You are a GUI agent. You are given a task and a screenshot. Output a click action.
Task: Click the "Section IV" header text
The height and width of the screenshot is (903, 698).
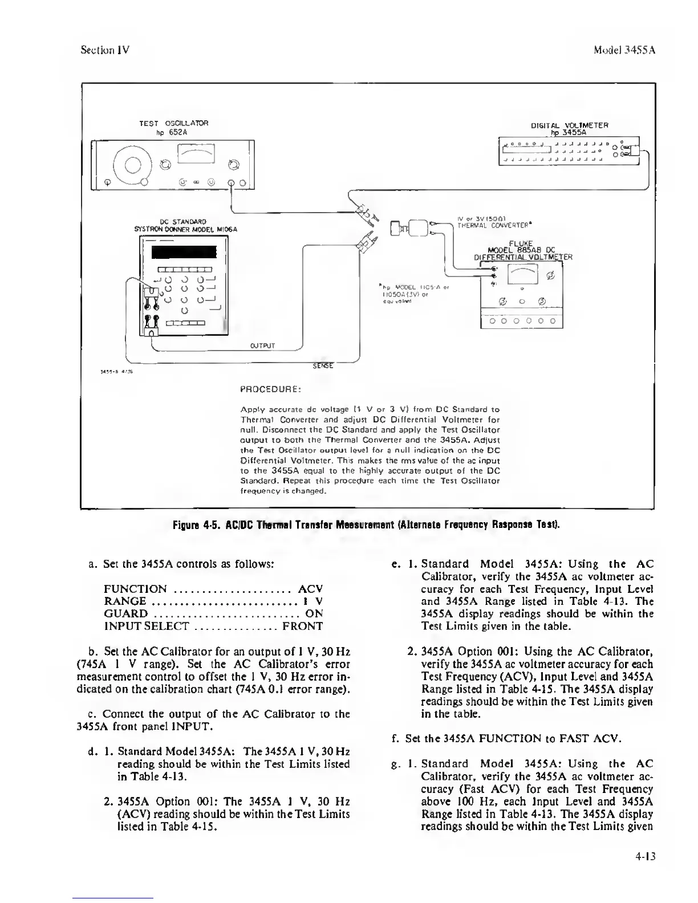tap(105, 50)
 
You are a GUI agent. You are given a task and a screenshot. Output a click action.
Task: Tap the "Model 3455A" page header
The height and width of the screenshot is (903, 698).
tap(624, 50)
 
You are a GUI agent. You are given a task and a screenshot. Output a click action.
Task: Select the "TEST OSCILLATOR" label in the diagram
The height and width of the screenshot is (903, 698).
tap(174, 123)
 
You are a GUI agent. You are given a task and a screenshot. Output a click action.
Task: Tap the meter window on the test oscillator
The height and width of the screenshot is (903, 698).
tap(196, 153)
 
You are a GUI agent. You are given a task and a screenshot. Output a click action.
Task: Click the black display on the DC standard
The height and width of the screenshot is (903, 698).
tap(184, 253)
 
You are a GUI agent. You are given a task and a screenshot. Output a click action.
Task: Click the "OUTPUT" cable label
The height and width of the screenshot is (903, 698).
tap(263, 345)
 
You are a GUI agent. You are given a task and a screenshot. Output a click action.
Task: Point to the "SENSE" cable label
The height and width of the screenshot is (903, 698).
tap(323, 365)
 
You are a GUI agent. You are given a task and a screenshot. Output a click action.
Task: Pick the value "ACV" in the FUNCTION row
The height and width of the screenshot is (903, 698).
tap(310, 589)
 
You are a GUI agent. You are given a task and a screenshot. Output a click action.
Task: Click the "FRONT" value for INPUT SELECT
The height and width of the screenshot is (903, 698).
tap(302, 627)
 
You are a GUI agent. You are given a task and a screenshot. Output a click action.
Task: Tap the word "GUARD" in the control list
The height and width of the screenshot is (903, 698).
tap(125, 614)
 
